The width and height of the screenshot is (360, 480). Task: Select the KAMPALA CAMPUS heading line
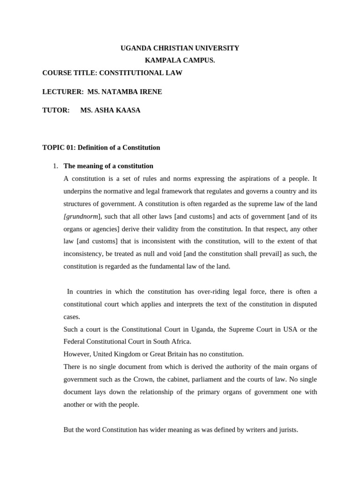point(180,60)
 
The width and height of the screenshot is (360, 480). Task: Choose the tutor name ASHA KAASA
point(110,111)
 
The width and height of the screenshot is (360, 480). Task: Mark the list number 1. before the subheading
point(55,166)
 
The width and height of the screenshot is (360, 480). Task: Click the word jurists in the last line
point(286,429)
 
